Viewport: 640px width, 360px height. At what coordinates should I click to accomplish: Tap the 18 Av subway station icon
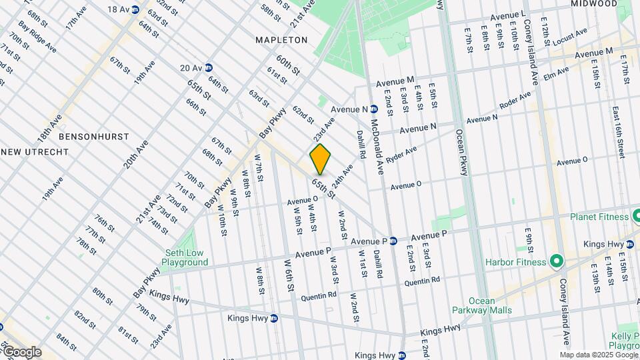pyautogui.click(x=135, y=9)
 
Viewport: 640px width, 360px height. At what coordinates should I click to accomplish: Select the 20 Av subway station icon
pyautogui.click(x=209, y=67)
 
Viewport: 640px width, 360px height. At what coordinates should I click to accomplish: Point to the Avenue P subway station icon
pyautogui.click(x=393, y=241)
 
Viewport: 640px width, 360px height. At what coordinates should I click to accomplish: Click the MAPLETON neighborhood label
pyautogui.click(x=282, y=40)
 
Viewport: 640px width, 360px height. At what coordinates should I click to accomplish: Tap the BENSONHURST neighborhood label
pyautogui.click(x=84, y=136)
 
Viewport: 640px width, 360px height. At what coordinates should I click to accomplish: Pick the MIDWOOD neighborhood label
pyautogui.click(x=595, y=4)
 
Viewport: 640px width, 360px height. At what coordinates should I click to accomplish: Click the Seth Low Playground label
pyautogui.click(x=187, y=257)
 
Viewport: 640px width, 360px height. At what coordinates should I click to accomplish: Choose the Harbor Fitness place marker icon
pyautogui.click(x=554, y=261)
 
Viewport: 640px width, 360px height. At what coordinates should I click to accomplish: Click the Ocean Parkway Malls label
pyautogui.click(x=481, y=305)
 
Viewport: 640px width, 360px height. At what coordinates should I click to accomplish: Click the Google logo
pyautogui.click(x=21, y=352)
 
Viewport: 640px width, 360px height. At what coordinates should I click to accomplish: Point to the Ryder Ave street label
pyautogui.click(x=401, y=155)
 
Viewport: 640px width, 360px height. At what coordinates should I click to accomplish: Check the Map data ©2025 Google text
pyautogui.click(x=598, y=355)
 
